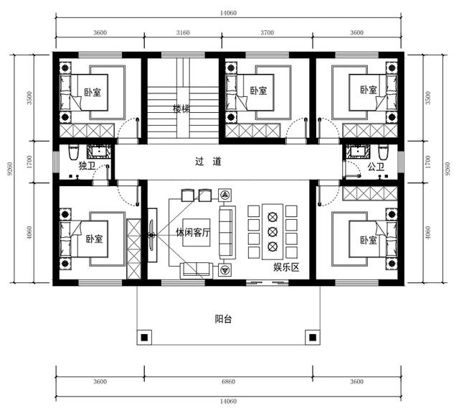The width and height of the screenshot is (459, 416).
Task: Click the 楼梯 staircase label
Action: point(181,109)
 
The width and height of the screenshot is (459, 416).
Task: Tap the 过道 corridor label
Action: point(208,161)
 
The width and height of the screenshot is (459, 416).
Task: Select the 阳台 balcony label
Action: point(223,319)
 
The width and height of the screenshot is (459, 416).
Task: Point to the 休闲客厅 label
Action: point(193,233)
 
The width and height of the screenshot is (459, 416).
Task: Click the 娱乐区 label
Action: point(286,267)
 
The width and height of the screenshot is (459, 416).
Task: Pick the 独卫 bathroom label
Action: point(87,166)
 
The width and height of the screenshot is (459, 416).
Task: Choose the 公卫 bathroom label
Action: point(376,167)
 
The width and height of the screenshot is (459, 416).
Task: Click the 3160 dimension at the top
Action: point(183,32)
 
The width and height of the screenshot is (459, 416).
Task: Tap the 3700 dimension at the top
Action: point(268,32)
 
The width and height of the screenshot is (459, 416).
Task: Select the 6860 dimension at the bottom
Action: point(228,382)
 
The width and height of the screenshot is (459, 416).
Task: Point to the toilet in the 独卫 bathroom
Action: point(73,152)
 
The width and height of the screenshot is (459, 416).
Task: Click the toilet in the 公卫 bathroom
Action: point(382,152)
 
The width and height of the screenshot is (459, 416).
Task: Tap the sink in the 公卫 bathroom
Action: point(358,152)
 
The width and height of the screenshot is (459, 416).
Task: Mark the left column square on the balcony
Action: point(144,338)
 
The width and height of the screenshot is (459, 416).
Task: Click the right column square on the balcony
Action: point(313,338)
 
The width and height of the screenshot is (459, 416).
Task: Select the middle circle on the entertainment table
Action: point(273,231)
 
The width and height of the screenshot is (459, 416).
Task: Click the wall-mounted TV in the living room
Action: point(151,235)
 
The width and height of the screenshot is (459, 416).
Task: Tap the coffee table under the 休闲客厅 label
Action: point(196,233)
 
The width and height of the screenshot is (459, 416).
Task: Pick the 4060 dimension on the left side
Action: point(29,233)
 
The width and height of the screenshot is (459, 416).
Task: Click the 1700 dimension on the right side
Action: point(427,162)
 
